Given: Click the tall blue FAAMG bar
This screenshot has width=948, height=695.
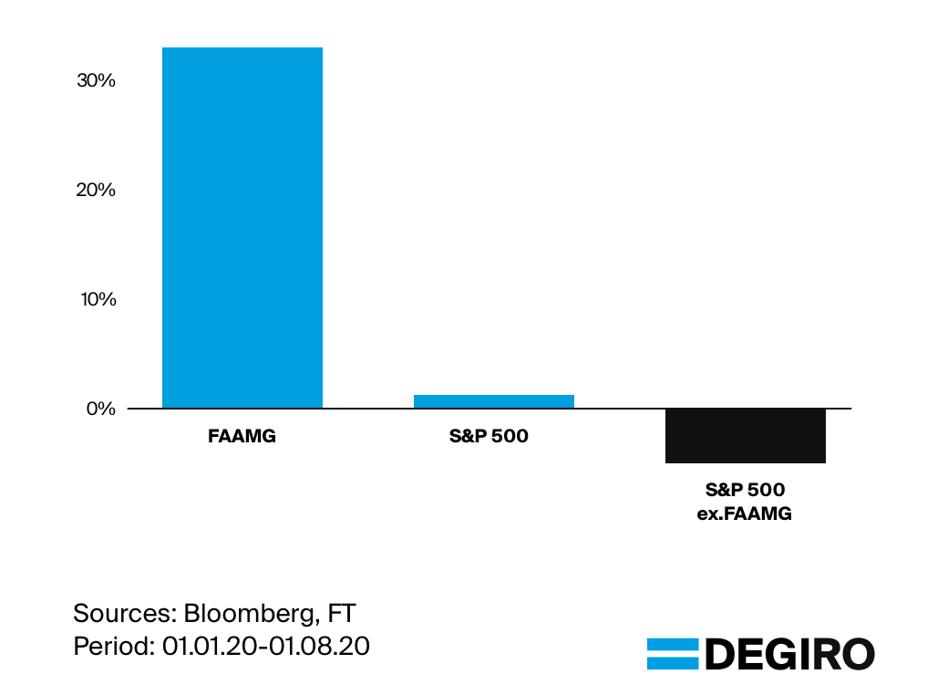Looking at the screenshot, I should click(242, 228).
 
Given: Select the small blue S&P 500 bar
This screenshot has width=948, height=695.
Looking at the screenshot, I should click(493, 401).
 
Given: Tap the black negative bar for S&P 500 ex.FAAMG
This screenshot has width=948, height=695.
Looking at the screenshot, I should click(745, 436).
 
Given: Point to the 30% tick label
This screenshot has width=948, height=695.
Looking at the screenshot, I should click(97, 80).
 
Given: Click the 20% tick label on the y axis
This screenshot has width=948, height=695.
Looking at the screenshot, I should click(97, 190).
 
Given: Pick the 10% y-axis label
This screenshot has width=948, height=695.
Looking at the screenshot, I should click(97, 299).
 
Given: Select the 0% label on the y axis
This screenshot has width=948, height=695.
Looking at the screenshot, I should click(101, 409).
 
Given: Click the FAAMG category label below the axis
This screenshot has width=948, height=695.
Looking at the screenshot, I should click(242, 436).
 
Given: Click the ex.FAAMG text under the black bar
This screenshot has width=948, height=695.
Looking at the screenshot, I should click(745, 513).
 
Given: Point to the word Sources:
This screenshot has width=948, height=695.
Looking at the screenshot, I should click(124, 612).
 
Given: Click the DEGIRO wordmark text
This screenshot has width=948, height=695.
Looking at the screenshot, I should click(789, 654).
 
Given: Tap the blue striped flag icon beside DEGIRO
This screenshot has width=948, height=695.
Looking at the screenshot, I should click(672, 654).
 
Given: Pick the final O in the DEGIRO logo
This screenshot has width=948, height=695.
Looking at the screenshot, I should click(858, 654).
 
